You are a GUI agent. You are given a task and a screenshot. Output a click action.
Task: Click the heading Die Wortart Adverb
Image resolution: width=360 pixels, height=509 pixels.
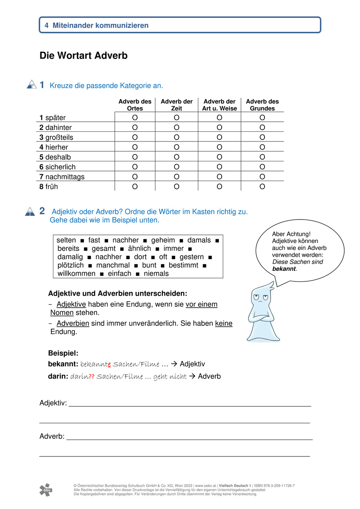point(83,56)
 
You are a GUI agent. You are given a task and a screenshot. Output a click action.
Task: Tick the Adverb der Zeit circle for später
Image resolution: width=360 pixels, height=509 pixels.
point(176,118)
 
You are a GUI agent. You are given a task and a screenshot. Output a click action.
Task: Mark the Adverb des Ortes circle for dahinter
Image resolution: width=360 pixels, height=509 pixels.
point(135,127)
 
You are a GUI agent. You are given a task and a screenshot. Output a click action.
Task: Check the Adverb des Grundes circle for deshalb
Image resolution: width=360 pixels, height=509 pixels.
point(262,157)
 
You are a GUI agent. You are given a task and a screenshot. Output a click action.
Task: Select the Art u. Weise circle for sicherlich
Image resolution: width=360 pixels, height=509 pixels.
point(219,167)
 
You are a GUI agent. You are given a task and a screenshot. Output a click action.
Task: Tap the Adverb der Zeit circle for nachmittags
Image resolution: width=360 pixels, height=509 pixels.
point(176,177)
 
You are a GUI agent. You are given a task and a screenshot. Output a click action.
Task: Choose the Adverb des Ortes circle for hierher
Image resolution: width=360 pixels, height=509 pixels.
point(135,147)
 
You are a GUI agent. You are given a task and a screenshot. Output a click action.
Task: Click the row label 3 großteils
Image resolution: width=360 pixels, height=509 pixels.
point(56,137)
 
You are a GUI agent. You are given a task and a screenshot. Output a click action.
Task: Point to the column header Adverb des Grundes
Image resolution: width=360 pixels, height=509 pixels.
point(262,105)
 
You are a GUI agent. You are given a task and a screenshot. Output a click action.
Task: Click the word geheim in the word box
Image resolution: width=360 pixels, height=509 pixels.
point(163,240)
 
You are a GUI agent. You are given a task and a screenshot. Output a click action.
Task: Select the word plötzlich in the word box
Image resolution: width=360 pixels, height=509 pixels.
point(70,265)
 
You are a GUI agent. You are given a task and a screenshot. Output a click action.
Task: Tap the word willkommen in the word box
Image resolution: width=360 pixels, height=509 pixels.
point(76,274)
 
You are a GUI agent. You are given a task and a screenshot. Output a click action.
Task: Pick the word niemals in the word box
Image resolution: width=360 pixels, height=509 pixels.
point(156,274)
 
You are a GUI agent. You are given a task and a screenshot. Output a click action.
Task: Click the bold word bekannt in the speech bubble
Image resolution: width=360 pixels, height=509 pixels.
point(284,268)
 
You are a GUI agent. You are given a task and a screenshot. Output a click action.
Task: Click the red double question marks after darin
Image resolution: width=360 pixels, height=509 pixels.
point(91,376)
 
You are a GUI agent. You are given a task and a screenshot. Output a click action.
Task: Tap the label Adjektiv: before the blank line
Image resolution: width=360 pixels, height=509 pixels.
point(53,403)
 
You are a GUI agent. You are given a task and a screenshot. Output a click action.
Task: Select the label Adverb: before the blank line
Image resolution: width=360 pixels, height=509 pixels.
point(52,437)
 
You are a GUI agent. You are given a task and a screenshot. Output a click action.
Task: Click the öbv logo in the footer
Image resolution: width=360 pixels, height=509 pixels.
point(46,490)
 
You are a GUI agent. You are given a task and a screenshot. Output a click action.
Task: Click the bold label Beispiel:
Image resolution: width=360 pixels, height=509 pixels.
point(63,353)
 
